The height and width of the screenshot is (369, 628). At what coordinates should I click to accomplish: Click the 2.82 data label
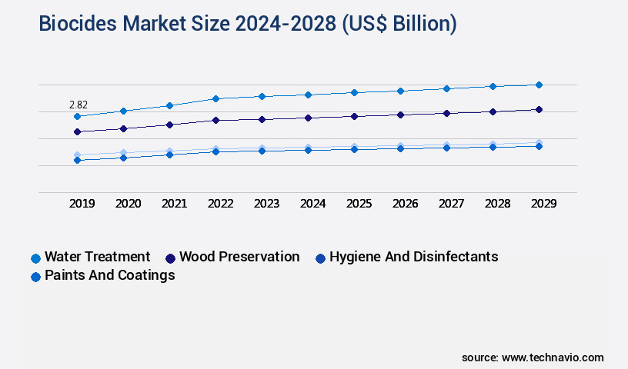coord(77,104)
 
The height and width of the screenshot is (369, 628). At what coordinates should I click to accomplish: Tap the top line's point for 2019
coord(77,116)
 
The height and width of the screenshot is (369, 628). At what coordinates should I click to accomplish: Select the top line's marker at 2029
coord(539,85)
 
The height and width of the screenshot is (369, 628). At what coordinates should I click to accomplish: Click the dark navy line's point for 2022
coord(215,120)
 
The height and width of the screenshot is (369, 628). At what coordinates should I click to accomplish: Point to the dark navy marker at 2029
coord(539,109)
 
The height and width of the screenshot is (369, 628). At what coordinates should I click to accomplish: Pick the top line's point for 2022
coord(215,98)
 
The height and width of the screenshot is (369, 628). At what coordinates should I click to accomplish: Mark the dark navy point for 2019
coord(77,131)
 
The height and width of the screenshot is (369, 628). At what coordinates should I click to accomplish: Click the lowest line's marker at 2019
coord(77,160)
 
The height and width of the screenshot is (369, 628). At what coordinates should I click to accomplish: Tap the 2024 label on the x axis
coord(312,204)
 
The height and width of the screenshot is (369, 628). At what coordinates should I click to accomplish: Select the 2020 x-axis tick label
coord(128,204)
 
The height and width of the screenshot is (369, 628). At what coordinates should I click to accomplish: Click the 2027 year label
coord(451,204)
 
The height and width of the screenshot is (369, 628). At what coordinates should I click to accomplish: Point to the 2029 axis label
coord(543,204)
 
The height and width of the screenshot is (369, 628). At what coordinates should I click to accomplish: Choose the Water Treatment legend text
coord(97,257)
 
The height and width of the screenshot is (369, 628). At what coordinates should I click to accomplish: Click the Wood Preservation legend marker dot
coord(170,258)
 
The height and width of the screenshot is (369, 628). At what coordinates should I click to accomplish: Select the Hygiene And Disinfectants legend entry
coord(413,257)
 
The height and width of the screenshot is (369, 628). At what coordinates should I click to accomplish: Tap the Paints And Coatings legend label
coord(109,275)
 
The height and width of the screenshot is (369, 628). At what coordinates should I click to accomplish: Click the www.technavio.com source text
coord(553,357)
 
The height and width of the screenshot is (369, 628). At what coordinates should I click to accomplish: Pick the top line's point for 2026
coord(400,91)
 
